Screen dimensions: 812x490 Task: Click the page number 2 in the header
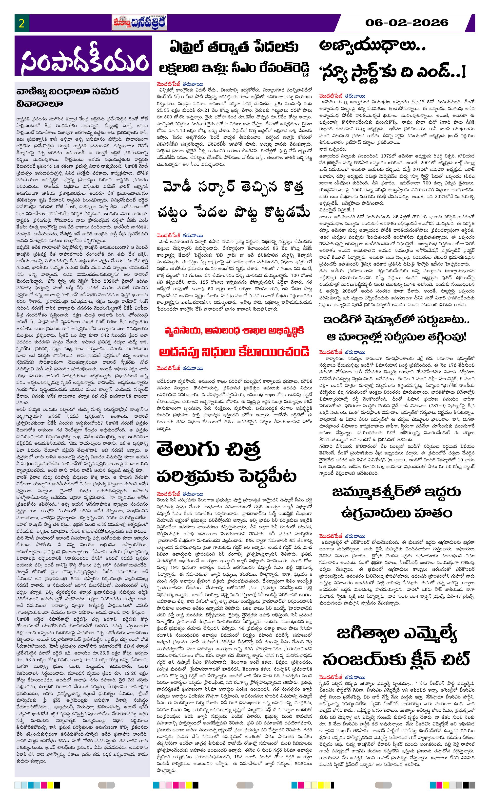(x=22, y=24)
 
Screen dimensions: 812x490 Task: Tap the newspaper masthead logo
(x=139, y=23)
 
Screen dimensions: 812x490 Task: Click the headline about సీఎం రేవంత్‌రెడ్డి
(x=234, y=68)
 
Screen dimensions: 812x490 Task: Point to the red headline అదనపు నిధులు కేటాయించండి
(x=234, y=352)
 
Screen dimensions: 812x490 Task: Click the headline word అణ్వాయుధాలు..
(x=372, y=46)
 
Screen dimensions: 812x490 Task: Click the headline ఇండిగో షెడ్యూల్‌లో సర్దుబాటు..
(x=396, y=320)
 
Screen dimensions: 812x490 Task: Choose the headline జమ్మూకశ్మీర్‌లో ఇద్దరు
(x=396, y=492)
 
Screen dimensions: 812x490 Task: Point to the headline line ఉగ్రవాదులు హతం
(x=396, y=513)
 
